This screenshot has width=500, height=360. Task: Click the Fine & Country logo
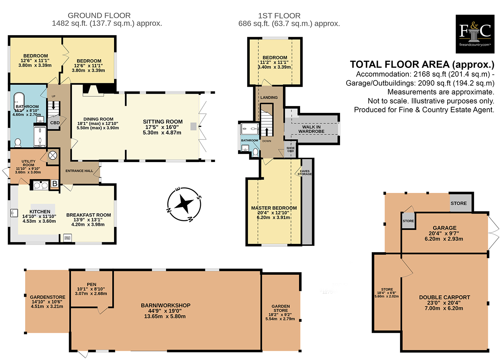coord(475,34)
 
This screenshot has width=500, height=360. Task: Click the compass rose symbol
coord(184,205)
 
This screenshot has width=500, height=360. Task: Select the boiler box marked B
coord(55,184)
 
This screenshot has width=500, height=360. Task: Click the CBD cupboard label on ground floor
coord(55,123)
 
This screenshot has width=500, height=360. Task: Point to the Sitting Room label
coord(162,122)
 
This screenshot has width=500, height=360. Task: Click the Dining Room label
coord(98,119)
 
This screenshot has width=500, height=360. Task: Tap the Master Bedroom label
coord(274,208)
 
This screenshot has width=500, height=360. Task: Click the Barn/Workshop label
coord(165,306)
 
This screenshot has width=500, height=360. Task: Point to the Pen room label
coord(92,284)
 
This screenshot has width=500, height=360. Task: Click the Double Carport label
coord(444,297)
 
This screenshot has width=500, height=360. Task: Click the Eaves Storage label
coord(305,173)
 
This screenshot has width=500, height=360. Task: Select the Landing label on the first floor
coord(269,97)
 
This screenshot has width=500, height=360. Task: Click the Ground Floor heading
coord(99,16)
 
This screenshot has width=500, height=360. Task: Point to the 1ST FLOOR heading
coord(279,16)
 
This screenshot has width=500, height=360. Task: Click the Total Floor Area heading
coord(422,65)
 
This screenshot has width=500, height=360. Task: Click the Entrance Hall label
coord(79,171)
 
